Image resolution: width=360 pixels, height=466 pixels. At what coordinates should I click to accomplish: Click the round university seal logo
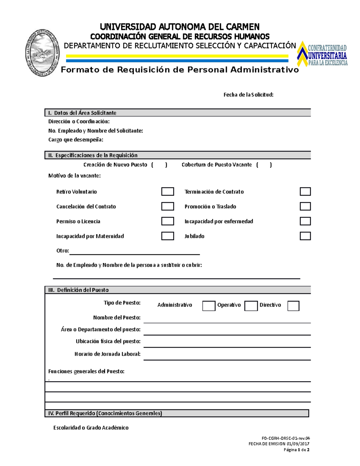42,53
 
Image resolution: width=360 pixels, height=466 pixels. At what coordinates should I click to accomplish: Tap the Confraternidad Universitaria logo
322,54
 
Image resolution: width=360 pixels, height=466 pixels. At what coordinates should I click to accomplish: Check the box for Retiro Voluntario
167,191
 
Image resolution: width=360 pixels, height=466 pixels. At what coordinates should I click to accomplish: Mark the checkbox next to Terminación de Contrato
305,191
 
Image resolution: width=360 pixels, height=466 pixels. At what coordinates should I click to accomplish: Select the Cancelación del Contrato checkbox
167,206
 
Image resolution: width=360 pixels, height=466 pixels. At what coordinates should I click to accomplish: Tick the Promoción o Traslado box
305,206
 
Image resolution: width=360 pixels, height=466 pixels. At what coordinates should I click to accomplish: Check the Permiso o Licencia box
167,221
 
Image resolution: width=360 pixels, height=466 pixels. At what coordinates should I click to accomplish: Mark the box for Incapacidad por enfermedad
305,221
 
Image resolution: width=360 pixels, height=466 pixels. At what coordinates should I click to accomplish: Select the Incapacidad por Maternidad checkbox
167,236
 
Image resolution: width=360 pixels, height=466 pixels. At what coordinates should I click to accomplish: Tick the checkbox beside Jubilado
305,236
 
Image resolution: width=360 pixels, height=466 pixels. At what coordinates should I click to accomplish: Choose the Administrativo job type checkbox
209,306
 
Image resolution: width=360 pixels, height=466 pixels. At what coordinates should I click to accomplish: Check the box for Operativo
251,306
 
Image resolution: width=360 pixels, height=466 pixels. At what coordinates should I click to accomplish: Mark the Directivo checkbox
293,306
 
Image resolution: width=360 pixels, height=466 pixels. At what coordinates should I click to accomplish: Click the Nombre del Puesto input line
227,319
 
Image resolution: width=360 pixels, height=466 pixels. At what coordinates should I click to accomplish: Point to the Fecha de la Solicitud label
248,95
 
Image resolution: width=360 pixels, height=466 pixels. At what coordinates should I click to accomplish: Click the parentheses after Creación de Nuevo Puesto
159,165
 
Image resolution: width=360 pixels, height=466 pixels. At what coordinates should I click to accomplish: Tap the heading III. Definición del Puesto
79,290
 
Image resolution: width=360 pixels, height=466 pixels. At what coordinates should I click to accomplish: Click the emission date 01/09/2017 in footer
298,444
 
